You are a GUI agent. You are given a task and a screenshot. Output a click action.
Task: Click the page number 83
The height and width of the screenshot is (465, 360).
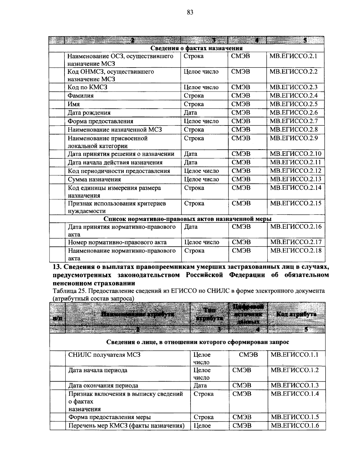190,12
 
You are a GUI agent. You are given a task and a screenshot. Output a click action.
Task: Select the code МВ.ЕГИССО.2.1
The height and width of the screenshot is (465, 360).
293,56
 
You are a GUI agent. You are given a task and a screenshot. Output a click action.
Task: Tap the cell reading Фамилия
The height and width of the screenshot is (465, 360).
80,96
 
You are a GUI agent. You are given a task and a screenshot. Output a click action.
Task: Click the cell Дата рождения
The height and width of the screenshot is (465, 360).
89,113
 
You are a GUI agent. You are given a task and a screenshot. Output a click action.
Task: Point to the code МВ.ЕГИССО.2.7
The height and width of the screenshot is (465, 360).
293,121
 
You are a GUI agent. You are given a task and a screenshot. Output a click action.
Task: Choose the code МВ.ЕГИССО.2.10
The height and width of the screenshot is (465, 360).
295,154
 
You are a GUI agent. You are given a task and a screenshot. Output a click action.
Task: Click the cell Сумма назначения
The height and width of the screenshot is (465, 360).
94,180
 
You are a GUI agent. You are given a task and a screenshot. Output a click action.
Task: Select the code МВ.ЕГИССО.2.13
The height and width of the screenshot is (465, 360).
295,180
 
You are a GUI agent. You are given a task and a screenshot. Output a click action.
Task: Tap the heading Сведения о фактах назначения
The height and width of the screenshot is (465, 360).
196,48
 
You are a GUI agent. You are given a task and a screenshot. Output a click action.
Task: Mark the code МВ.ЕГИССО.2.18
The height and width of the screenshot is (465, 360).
295,251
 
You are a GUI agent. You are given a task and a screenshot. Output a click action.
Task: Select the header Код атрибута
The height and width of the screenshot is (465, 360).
296,314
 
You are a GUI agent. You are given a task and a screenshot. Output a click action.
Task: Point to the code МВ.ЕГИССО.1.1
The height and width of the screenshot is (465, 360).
294,355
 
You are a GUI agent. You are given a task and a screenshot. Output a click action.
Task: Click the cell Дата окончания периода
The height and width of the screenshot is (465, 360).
103,386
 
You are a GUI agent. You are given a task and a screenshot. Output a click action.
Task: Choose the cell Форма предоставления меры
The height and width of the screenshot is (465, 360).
109,417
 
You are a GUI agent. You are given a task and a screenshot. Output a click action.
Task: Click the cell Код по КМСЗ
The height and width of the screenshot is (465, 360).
87,87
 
